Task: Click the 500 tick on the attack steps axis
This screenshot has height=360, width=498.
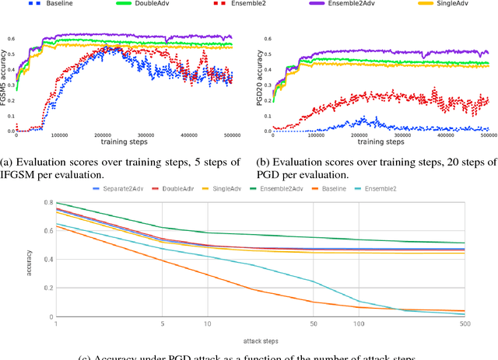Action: [x=465, y=323]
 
